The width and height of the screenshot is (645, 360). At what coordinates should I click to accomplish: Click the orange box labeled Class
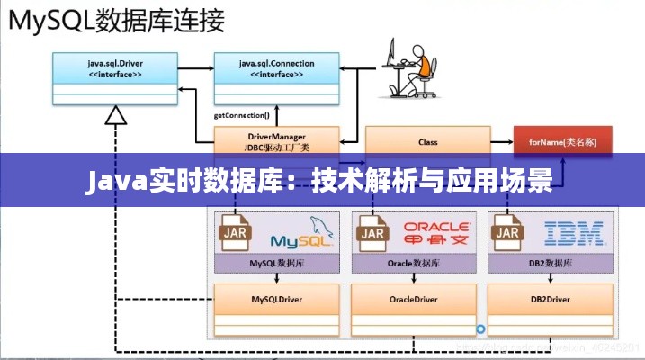427,141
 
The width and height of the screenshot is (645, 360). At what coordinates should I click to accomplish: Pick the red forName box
563,141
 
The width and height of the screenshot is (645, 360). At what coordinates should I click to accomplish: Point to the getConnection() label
241,116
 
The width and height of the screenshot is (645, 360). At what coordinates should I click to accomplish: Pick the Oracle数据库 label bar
415,265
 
